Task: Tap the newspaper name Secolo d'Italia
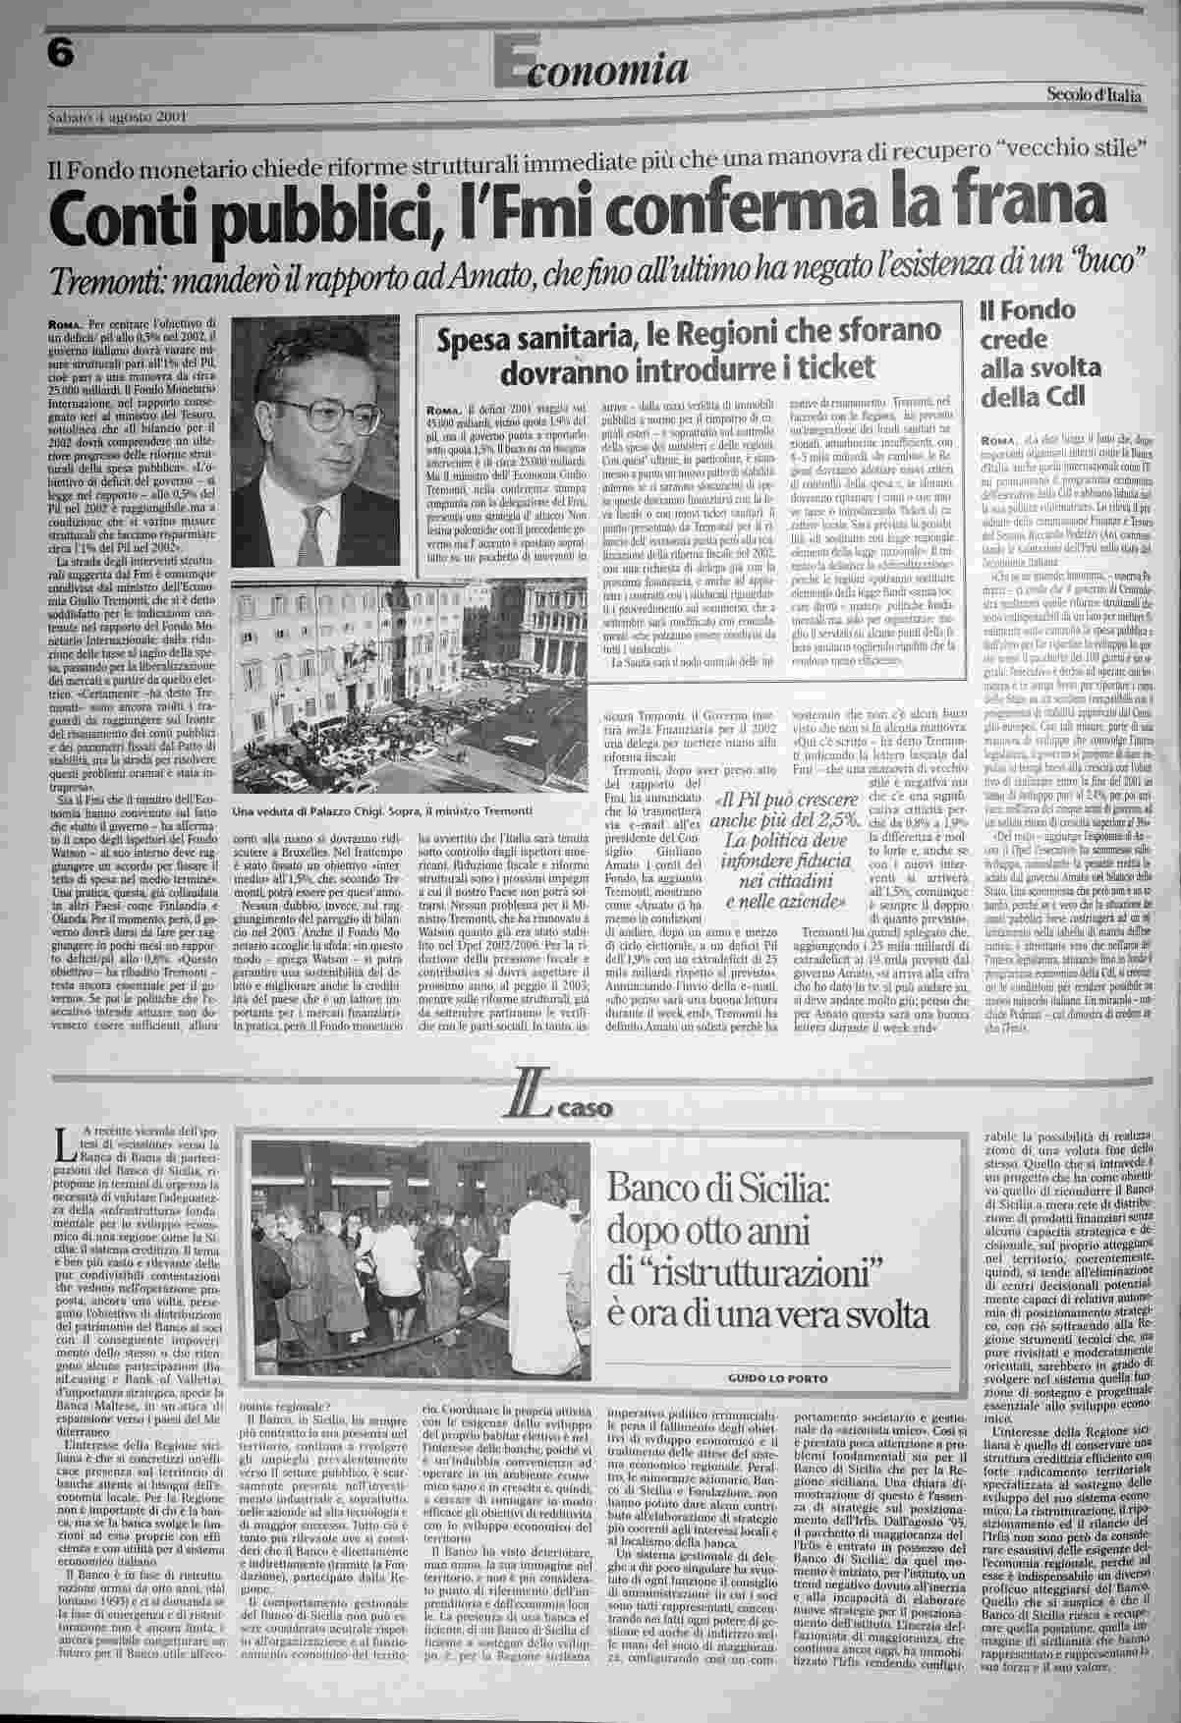[1094, 95]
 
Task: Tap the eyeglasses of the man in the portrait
[330, 413]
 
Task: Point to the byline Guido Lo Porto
[778, 1378]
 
